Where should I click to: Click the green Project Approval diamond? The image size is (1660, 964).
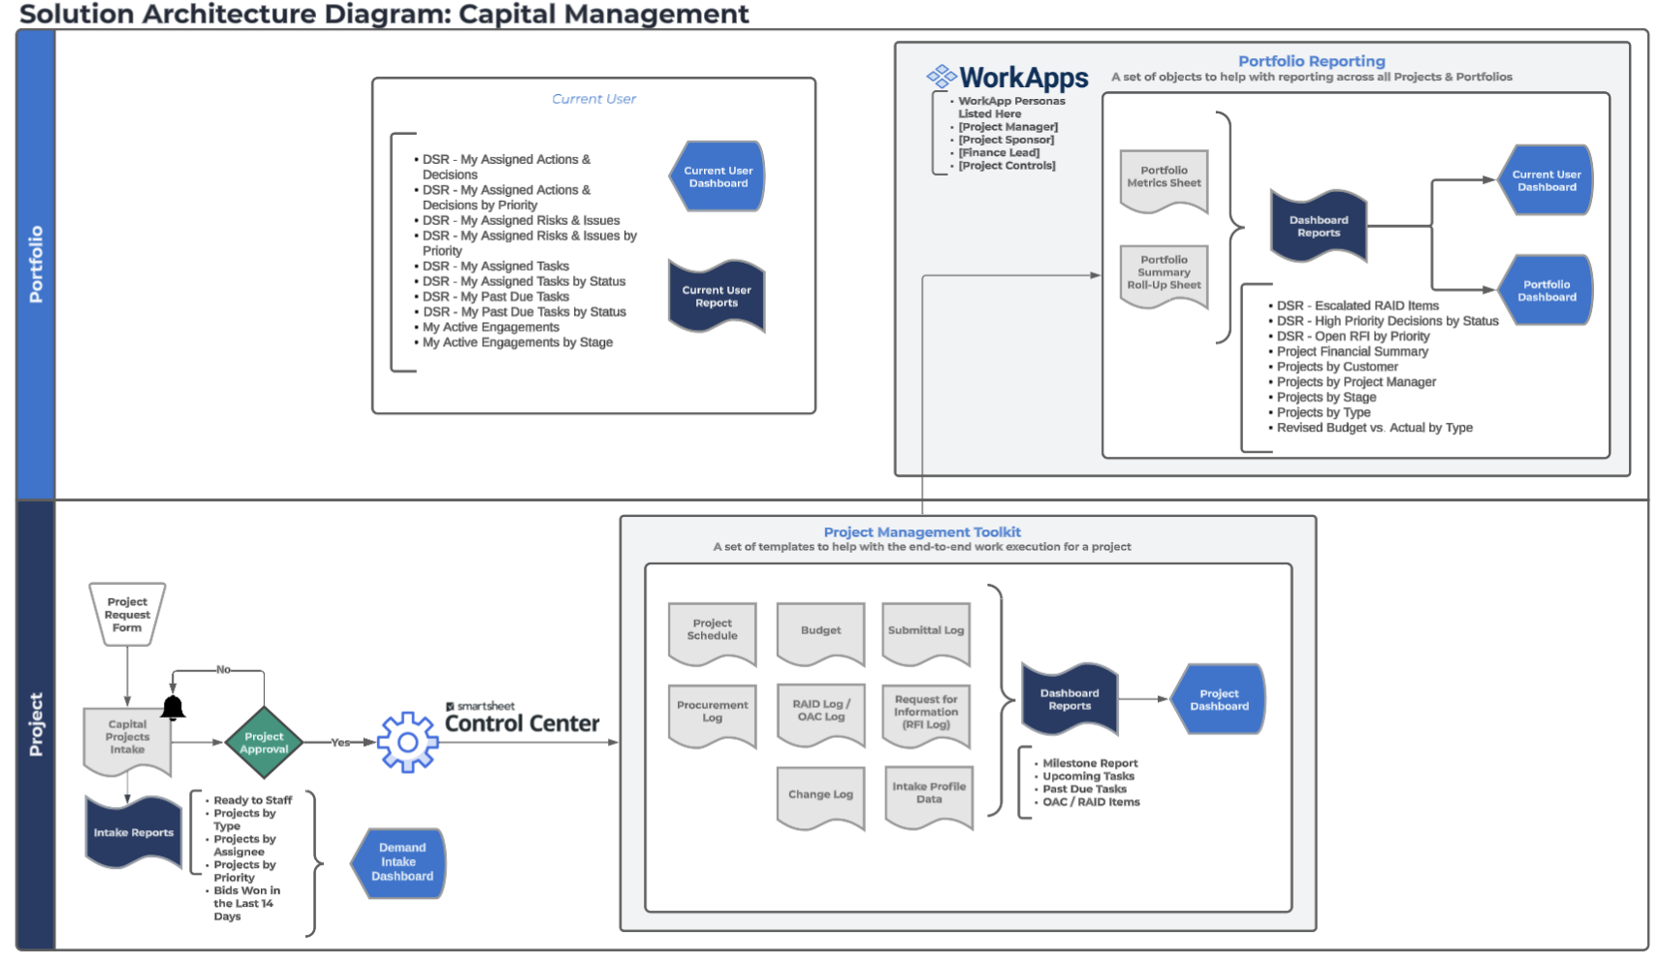pyautogui.click(x=264, y=743)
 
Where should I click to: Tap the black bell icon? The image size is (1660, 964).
pyautogui.click(x=173, y=708)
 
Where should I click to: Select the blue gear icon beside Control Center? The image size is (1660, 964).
pyautogui.click(x=408, y=742)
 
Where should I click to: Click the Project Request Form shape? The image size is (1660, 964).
pyautogui.click(x=127, y=614)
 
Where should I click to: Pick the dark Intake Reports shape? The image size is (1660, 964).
pyautogui.click(x=133, y=832)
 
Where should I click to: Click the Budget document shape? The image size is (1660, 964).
pyautogui.click(x=820, y=632)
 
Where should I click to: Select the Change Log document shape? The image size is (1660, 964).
pyautogui.click(x=820, y=796)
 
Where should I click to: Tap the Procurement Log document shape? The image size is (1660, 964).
pyautogui.click(x=712, y=714)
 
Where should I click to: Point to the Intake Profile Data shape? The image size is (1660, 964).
pyautogui.click(x=929, y=795)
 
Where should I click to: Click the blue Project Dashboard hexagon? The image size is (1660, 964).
pyautogui.click(x=1219, y=699)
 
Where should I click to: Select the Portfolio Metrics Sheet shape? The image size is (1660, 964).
pyautogui.click(x=1164, y=179)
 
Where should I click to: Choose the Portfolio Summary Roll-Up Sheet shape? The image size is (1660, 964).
pyautogui.click(x=1164, y=274)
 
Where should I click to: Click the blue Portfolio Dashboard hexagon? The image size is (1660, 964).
pyautogui.click(x=1546, y=290)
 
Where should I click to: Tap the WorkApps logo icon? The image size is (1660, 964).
pyautogui.click(x=941, y=77)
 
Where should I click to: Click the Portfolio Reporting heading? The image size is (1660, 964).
pyautogui.click(x=1311, y=61)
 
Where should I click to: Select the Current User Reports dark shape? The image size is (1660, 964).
pyautogui.click(x=717, y=296)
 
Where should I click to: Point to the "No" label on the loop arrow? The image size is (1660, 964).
pyautogui.click(x=223, y=669)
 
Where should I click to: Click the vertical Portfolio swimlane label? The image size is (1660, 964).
pyautogui.click(x=36, y=264)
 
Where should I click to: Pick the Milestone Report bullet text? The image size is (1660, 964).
pyautogui.click(x=1090, y=763)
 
